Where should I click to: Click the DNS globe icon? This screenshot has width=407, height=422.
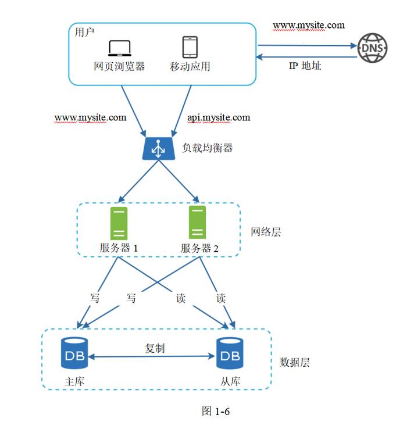pos(372,48)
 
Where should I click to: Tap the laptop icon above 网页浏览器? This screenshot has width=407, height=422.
pos(120,48)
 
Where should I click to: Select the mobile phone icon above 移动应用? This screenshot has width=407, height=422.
pos(190,47)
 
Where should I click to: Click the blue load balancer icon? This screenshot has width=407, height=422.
pos(159,149)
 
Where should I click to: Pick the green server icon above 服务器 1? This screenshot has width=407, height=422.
pos(119,223)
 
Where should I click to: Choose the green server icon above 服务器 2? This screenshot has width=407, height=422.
pos(197,222)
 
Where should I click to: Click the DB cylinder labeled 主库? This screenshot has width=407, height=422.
pos(74,353)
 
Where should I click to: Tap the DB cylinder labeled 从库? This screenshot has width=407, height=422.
pos(230,353)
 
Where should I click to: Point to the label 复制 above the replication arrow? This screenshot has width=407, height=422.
pos(155,348)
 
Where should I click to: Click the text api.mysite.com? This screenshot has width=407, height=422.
pos(219,117)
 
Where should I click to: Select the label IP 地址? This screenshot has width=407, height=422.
pos(305,66)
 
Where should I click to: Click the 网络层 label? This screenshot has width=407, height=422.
pos(266,232)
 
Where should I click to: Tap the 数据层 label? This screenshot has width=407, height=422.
pos(295,362)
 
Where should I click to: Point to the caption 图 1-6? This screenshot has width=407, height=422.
pos(216,411)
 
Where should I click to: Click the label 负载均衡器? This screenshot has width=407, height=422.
pos(207,148)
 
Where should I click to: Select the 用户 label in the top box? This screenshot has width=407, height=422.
pos(84,32)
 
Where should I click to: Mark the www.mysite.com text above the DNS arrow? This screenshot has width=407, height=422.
pos(309,26)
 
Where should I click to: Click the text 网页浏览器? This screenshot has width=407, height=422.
pos(119,66)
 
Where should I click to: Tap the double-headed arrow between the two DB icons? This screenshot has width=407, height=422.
pos(152,356)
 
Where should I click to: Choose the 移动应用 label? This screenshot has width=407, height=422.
pos(190,66)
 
